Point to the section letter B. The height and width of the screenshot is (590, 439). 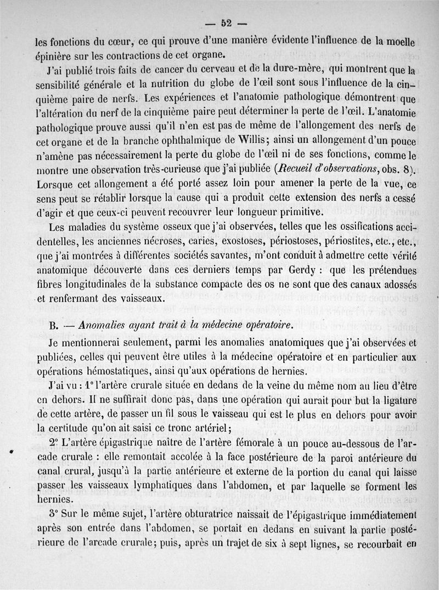point(53,325)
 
